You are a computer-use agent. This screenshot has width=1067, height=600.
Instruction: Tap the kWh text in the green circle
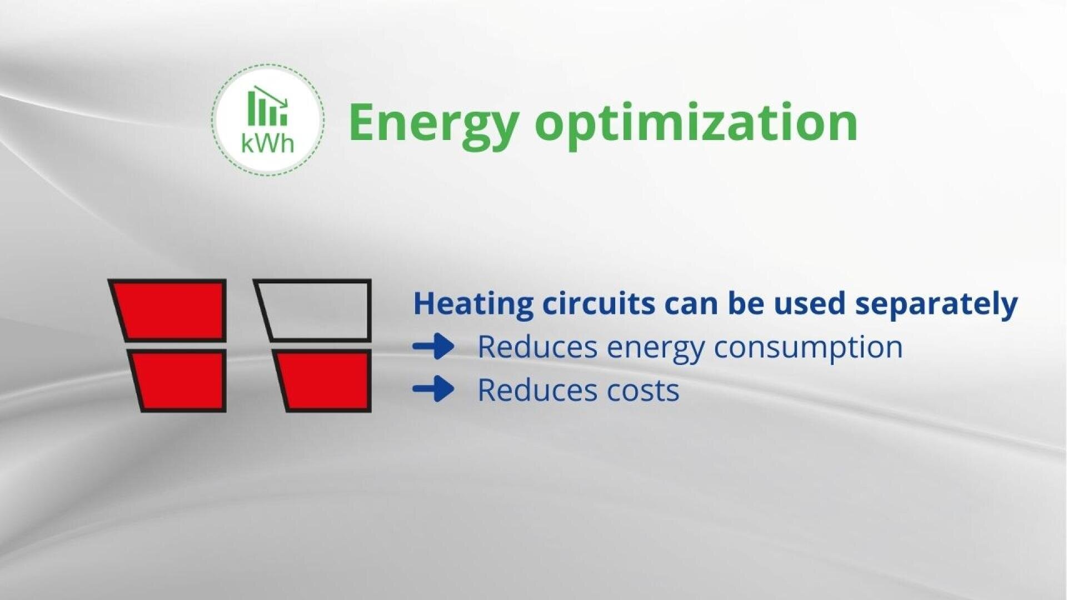pyautogui.click(x=267, y=144)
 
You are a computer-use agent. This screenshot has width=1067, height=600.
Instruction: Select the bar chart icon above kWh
pyautogui.click(x=267, y=106)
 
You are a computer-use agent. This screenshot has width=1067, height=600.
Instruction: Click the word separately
pyautogui.click(x=936, y=304)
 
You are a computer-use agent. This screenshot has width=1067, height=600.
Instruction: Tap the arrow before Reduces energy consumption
pyautogui.click(x=433, y=347)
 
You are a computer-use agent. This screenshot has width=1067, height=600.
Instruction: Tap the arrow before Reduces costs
pyautogui.click(x=433, y=388)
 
